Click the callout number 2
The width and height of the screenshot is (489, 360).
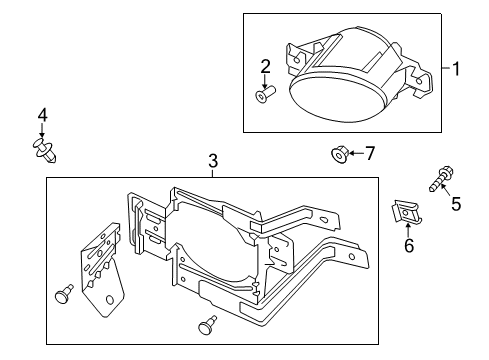click(x=265, y=67)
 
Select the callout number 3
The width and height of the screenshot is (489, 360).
click(x=212, y=160)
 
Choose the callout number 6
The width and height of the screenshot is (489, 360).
click(x=408, y=247)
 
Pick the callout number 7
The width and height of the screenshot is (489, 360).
click(x=369, y=153)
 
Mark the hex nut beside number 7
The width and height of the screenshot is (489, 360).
click(x=338, y=154)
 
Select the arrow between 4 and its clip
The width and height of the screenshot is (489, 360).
click(x=42, y=134)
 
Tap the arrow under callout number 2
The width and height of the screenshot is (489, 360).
click(x=265, y=81)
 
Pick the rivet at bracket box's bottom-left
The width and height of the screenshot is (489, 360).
click(x=65, y=293)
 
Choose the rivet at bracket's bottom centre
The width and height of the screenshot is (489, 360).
click(x=209, y=323)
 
